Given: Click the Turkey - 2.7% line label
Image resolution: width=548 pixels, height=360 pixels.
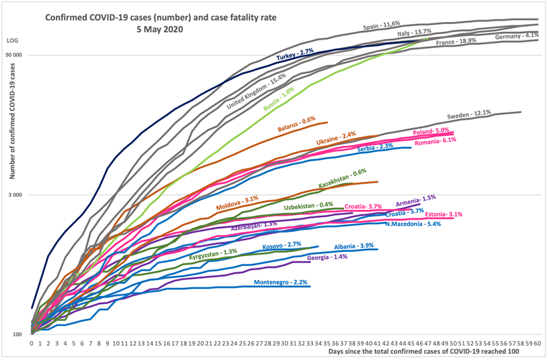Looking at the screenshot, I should [295, 55].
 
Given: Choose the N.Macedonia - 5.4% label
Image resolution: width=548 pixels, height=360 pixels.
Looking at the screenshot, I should [413, 224].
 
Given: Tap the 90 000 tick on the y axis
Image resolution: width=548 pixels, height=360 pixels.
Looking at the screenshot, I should [14, 55].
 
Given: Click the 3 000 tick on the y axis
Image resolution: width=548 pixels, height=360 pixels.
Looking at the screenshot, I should [16, 195].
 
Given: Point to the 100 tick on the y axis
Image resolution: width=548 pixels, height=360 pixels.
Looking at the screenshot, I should [18, 335].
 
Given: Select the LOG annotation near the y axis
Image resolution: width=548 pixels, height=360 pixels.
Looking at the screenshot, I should [12, 41].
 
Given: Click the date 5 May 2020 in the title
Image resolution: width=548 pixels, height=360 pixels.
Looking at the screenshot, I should [160, 29].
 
